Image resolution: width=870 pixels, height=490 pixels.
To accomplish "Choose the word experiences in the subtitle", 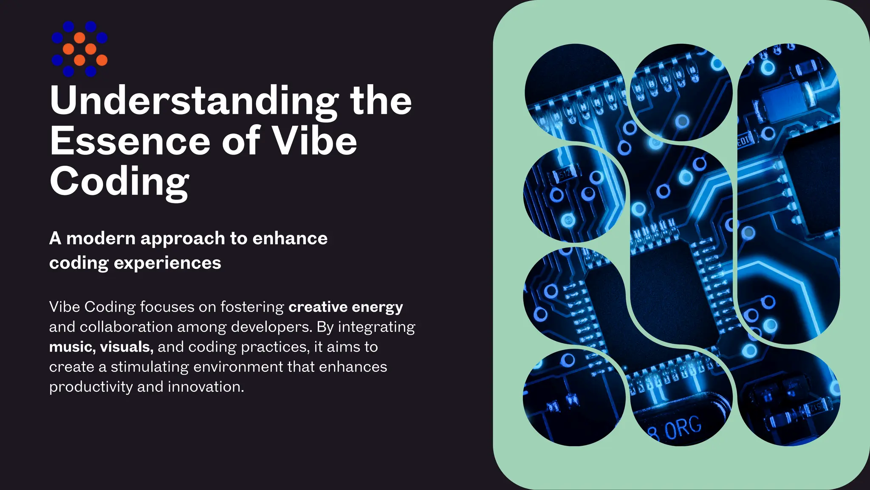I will tap(167, 263).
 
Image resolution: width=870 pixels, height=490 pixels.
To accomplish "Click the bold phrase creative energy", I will tap(346, 307).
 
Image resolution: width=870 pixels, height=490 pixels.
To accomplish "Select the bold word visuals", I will tap(126, 347).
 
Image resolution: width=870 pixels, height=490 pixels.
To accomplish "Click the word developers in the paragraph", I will tap(271, 327).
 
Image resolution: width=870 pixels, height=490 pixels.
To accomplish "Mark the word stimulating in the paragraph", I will tap(150, 367).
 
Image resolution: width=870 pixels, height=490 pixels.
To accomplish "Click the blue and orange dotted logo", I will tap(79, 49).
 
